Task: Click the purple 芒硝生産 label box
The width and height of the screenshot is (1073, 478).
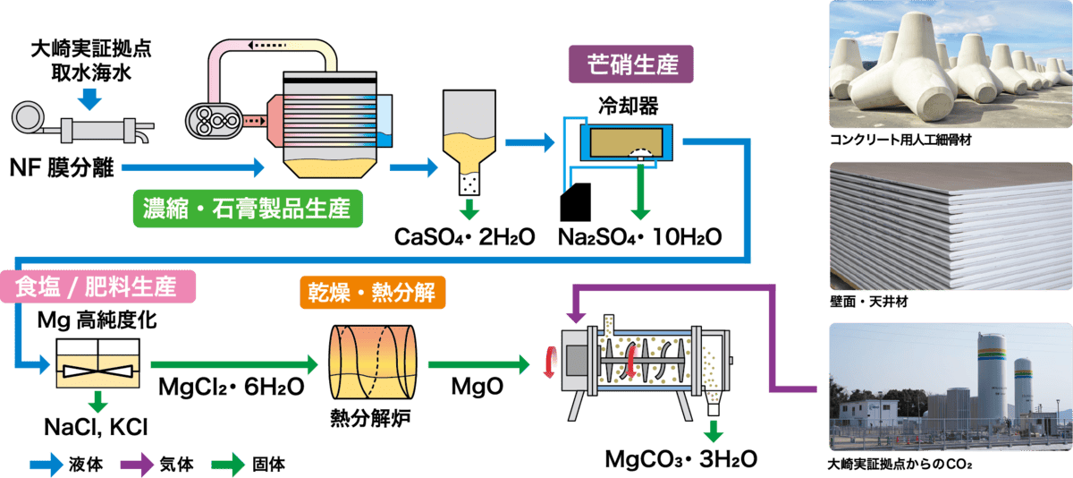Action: [x=630, y=64]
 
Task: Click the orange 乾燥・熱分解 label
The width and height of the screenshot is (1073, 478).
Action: [x=371, y=292]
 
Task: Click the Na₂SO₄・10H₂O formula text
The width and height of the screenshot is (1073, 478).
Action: [x=639, y=237]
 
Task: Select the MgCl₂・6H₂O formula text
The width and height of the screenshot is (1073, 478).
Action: [x=231, y=388]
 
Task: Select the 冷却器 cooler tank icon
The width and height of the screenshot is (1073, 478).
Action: [x=621, y=143]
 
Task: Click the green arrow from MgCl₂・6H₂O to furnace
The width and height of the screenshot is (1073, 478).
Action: [x=234, y=365]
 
